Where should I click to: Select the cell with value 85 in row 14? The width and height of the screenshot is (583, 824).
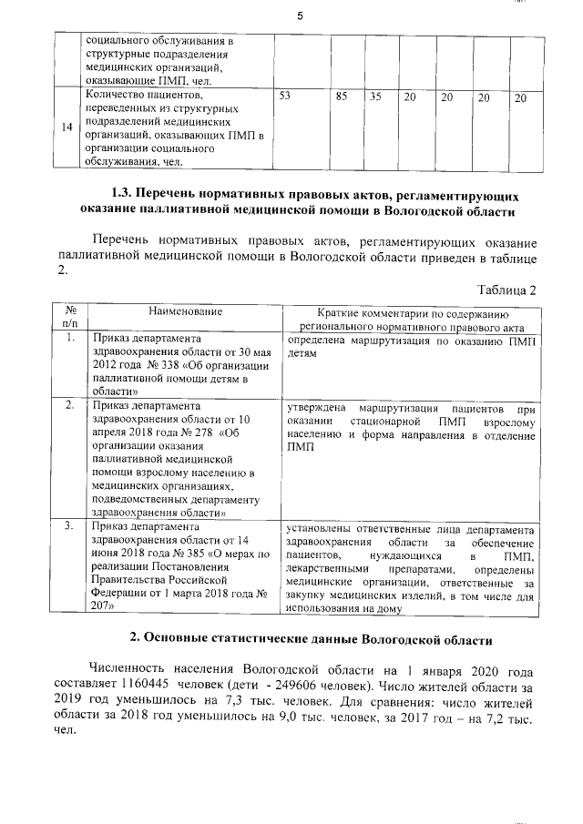(x=343, y=96)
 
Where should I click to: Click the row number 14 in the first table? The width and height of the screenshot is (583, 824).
(x=67, y=127)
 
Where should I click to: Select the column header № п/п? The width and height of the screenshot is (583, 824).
(x=69, y=317)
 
